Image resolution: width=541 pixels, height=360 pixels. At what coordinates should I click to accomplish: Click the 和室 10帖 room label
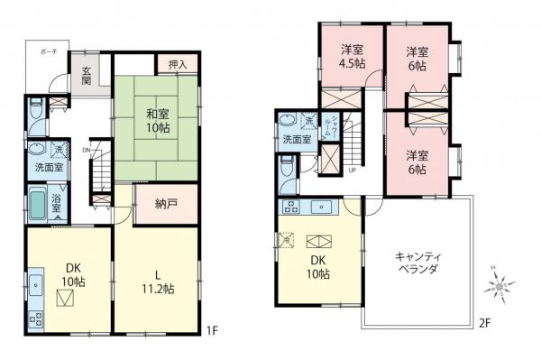[158, 120]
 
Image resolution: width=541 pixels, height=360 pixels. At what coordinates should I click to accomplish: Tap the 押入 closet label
[178, 64]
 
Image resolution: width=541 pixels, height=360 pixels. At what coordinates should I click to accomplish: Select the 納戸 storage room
[164, 204]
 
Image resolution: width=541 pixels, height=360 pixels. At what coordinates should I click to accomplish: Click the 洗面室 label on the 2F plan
[295, 140]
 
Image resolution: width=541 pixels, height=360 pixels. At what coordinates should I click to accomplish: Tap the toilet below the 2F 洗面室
[287, 169]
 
